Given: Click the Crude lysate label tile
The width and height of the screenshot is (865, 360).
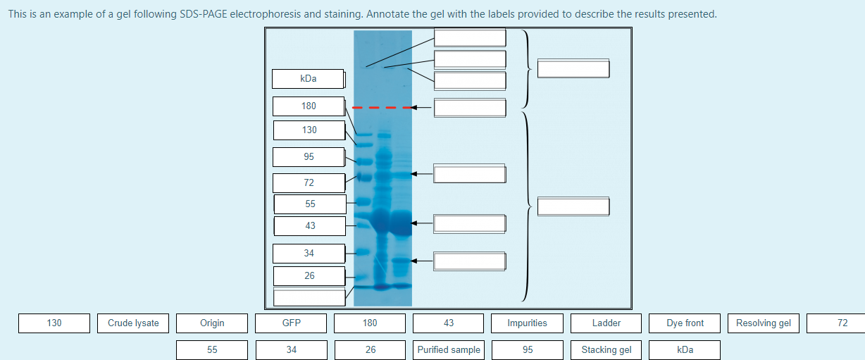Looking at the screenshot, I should click(x=133, y=323).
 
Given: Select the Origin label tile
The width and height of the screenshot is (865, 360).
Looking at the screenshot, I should click(x=212, y=323).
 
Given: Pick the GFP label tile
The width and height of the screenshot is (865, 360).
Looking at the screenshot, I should click(x=291, y=323).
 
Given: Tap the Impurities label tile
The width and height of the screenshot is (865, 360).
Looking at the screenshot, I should click(x=527, y=323).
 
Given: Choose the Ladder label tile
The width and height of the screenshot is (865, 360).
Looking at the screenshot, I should click(x=606, y=323).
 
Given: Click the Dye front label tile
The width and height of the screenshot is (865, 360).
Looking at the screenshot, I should click(x=685, y=323).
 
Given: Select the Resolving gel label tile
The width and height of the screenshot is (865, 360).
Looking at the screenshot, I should click(x=764, y=323).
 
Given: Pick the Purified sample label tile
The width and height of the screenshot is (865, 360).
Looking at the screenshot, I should click(x=449, y=350).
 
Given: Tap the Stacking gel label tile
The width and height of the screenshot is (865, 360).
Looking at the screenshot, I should click(x=606, y=350).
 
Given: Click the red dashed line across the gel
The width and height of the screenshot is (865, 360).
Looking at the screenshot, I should click(x=381, y=108).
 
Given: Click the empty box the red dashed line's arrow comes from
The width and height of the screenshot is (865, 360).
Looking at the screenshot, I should click(x=470, y=108).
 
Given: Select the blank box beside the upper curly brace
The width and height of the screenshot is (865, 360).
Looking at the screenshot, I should click(x=573, y=69).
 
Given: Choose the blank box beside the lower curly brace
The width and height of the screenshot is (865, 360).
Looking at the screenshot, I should click(x=573, y=207).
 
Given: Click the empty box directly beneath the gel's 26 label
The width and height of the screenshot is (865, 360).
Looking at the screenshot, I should click(x=309, y=297).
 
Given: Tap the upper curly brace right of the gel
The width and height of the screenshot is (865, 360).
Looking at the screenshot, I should click(x=528, y=68).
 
